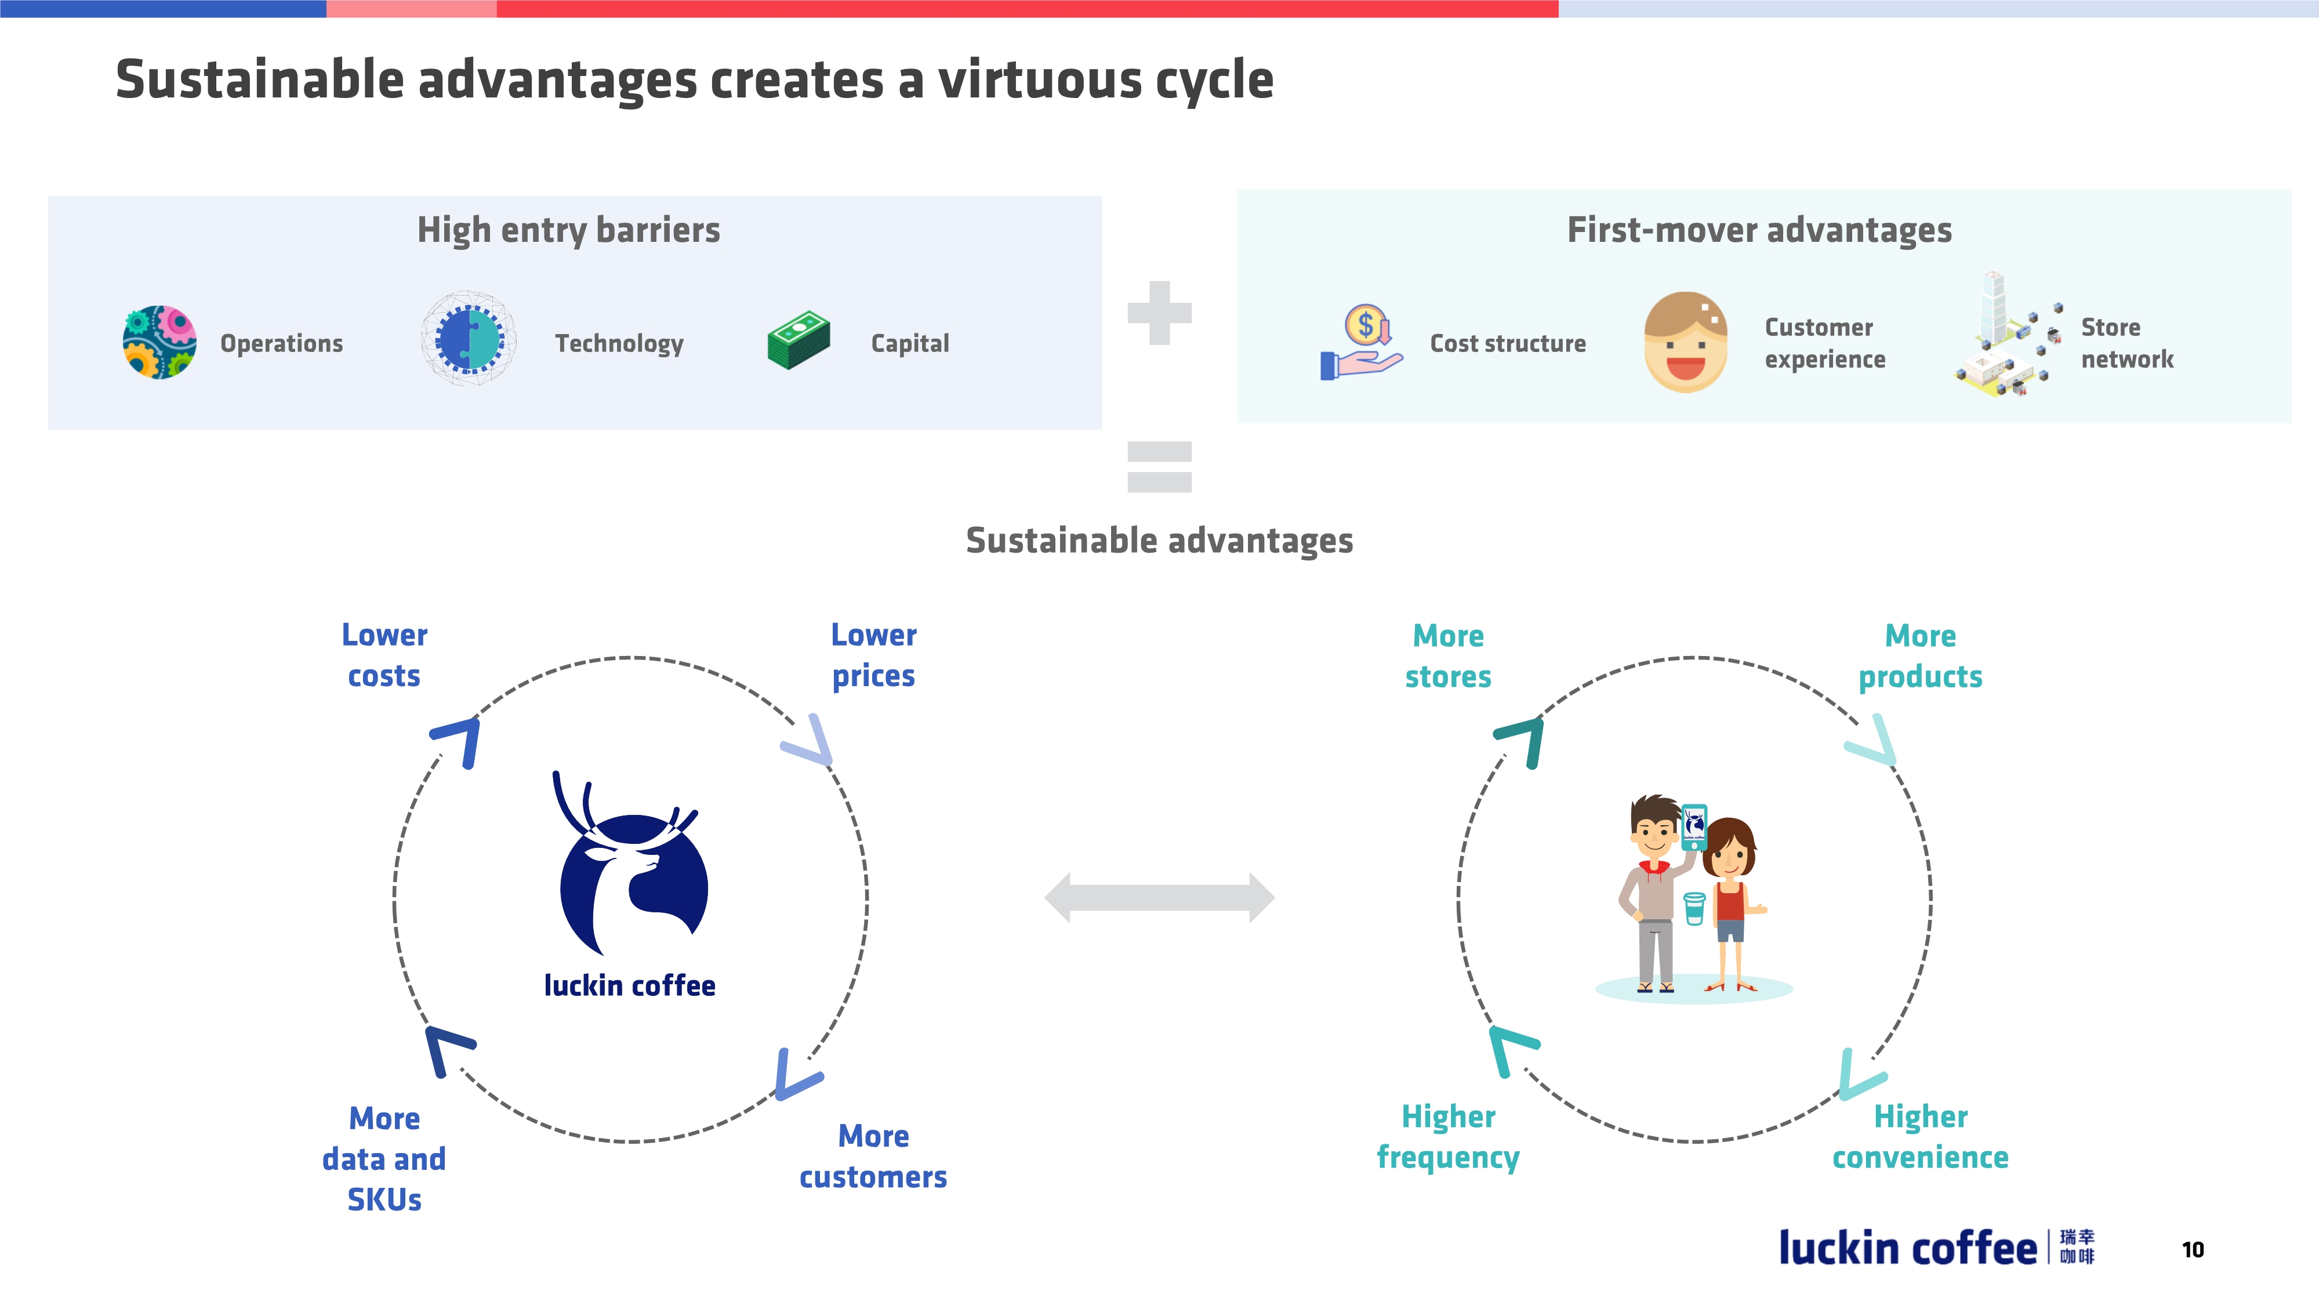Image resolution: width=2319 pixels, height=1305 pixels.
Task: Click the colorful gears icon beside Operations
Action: click(x=159, y=342)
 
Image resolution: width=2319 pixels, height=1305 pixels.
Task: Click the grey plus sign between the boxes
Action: click(x=1160, y=313)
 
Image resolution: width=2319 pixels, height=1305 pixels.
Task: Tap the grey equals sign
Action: click(x=1160, y=466)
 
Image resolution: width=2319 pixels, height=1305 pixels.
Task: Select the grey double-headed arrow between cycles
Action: click(x=1160, y=897)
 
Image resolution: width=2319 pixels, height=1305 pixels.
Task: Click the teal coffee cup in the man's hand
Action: click(x=1694, y=908)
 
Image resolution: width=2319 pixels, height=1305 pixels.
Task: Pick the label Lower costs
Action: click(x=384, y=655)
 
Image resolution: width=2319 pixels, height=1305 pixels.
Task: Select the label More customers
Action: click(x=873, y=1157)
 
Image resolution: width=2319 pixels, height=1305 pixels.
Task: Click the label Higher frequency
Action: click(x=1447, y=1137)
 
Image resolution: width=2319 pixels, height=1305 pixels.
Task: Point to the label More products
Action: click(x=1920, y=655)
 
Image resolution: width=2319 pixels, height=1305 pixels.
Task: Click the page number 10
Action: click(x=2193, y=1249)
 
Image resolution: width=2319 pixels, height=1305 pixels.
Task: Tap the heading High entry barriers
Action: click(x=569, y=231)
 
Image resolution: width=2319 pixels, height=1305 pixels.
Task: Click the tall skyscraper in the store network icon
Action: click(x=1995, y=306)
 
